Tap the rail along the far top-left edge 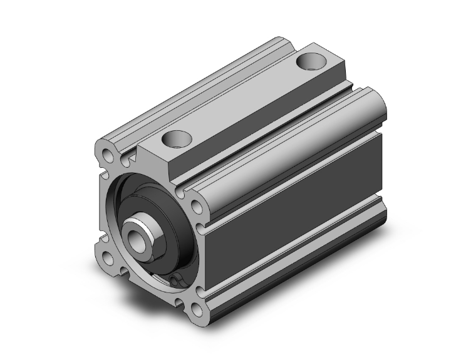(188, 88)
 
